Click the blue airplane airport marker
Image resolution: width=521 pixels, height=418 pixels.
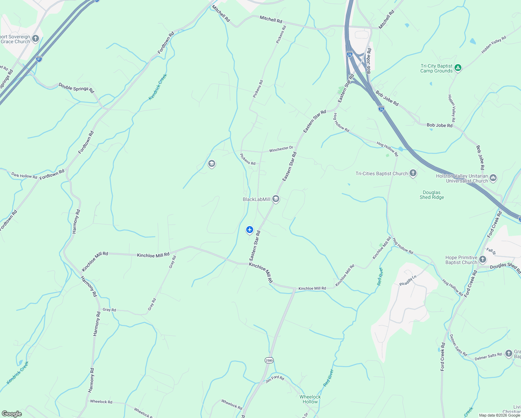pos(249,230)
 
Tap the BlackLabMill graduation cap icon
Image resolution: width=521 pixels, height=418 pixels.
pos(276,199)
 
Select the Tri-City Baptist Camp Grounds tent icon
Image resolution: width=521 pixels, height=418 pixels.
pos(458,68)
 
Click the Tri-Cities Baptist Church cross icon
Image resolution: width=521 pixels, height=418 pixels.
pos(413,173)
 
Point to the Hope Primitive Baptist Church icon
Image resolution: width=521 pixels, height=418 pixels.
pos(482,259)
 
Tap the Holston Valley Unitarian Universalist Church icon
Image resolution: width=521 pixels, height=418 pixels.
pos(493,178)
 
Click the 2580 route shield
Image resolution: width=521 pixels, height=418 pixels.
pos(269,360)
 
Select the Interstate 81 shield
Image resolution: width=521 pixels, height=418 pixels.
pos(39,59)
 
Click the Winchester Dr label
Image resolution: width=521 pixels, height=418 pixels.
pos(281,149)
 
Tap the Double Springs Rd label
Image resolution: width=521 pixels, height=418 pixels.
pos(76,87)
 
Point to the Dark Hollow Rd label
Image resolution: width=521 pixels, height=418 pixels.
pos(24,176)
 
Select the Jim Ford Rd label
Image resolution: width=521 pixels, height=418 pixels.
pos(275,379)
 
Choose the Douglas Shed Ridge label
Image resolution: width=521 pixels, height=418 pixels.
pos(432,195)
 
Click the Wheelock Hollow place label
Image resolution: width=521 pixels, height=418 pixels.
pos(310,399)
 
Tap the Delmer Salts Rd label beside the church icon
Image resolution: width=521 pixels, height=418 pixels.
pos(488,356)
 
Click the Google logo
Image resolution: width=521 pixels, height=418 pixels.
pos(11,414)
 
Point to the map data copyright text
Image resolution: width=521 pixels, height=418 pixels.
pos(499,415)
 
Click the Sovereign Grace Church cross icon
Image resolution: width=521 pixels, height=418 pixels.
pos(36,38)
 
